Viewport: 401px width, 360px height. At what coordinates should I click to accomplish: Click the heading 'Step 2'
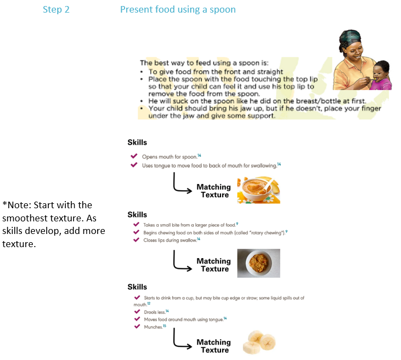pos(56,9)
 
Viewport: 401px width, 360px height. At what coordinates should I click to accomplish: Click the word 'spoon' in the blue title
pos(223,10)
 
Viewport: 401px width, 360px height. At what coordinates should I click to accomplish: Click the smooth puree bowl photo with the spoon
pos(258,190)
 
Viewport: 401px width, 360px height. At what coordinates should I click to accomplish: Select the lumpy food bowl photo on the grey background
pos(258,263)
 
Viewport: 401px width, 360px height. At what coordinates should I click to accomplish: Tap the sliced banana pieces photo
pos(259,342)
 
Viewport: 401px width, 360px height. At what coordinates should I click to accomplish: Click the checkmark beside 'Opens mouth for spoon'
pos(134,156)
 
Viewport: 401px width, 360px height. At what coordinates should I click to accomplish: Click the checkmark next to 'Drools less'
pos(137,311)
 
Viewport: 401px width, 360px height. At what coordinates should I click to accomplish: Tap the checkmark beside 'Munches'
pos(137,326)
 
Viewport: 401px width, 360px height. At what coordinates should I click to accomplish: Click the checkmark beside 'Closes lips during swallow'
pos(136,239)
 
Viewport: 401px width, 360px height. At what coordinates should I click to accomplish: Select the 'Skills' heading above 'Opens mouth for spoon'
pos(137,142)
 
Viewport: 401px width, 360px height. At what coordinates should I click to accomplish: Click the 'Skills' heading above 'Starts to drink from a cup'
pos(137,287)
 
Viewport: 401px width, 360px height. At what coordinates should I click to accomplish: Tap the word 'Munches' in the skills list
pos(153,327)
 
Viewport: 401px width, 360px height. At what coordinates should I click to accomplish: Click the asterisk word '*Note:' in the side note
pos(17,205)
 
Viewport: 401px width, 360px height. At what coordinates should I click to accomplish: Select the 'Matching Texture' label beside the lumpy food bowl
pos(214,265)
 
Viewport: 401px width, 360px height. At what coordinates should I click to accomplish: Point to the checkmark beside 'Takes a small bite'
pos(136,224)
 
